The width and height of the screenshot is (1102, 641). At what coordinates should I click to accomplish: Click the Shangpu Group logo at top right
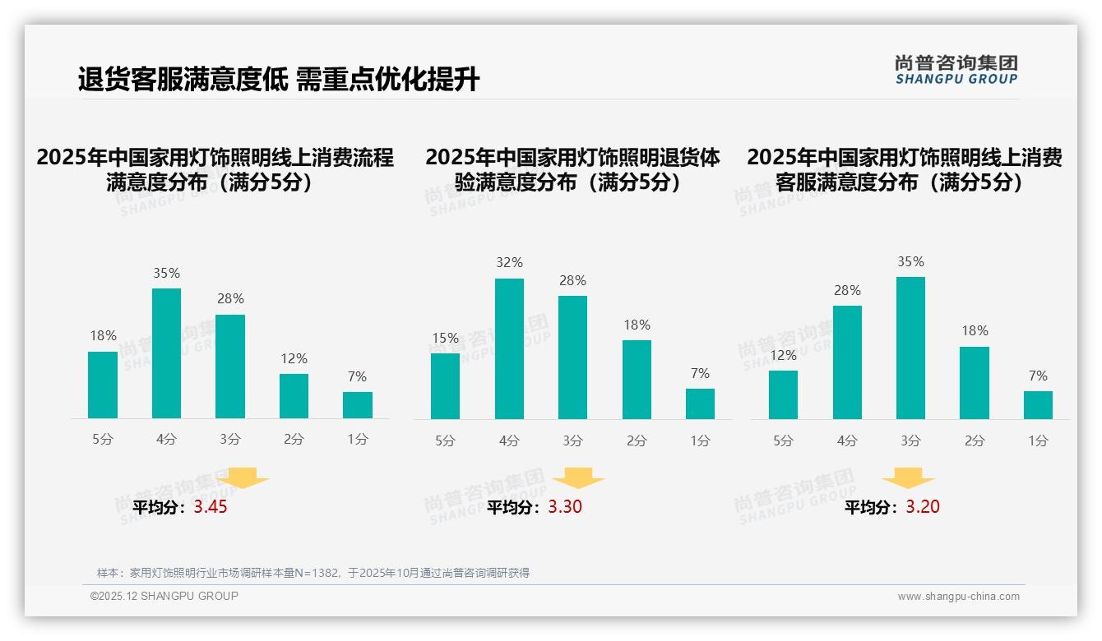coord(956,70)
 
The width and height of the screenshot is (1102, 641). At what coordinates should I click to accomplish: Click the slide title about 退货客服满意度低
coord(279,80)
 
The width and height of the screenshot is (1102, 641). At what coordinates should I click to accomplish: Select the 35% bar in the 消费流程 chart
coord(166,353)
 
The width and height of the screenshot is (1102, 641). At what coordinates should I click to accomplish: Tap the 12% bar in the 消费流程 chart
coord(294,396)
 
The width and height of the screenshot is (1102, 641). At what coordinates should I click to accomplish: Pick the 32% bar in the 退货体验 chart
coord(509,348)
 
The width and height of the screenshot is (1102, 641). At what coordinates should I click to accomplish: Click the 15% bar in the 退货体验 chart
coord(445,385)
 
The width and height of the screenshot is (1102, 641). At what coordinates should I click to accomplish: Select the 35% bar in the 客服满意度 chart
coord(910,348)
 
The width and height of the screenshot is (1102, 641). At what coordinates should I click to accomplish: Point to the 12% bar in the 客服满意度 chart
coord(783,394)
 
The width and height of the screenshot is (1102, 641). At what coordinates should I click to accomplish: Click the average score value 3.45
coord(211,507)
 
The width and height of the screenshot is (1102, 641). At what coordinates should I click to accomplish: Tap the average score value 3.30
coord(565,507)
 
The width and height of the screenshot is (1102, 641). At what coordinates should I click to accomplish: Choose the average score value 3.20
coord(923,507)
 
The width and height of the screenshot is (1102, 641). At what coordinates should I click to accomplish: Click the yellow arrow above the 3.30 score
coord(578,478)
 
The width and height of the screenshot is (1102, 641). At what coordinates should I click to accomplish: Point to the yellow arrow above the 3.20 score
coord(908,478)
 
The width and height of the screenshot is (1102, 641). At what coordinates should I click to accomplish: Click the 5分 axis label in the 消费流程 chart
coord(103,440)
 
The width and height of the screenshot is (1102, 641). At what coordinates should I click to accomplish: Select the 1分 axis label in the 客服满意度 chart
coord(1038,441)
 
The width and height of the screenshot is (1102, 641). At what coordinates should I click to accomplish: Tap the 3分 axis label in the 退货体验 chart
coord(572,441)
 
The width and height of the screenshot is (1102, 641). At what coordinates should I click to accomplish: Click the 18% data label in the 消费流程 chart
coord(103,336)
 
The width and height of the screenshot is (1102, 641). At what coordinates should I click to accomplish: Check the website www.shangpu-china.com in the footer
coord(958,597)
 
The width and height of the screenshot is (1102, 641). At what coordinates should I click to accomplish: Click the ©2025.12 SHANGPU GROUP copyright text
coord(164,596)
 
